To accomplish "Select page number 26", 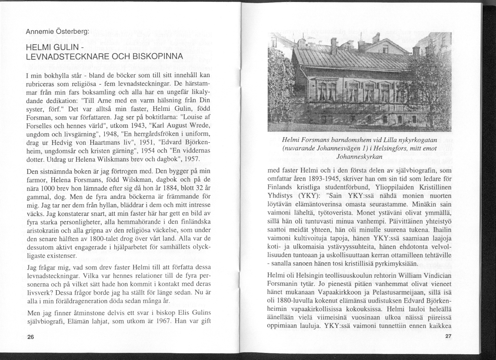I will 30,337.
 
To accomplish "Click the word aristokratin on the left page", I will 42,231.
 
